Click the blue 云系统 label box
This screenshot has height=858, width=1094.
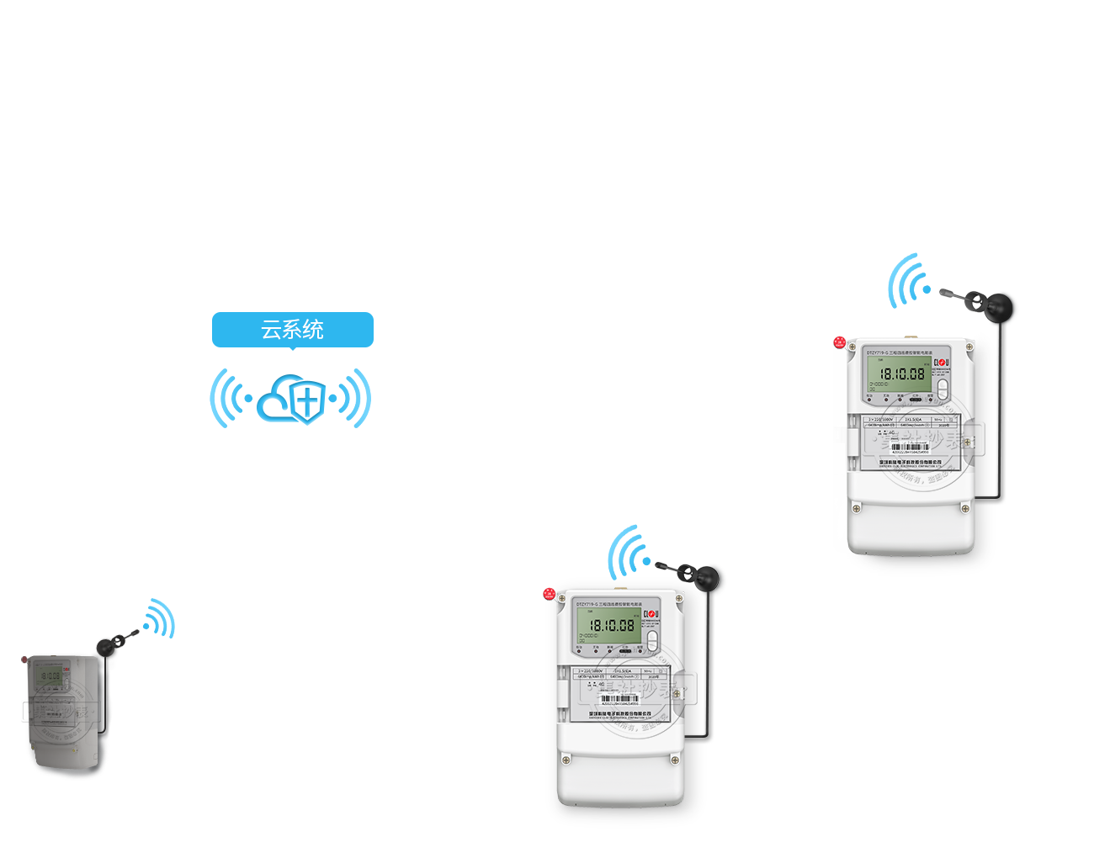[x=292, y=331]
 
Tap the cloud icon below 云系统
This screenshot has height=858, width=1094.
[x=289, y=400]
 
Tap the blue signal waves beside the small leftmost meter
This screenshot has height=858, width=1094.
[x=159, y=620]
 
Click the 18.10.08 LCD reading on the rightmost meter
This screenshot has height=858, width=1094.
[x=902, y=373]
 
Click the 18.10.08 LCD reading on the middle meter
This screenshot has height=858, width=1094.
[x=612, y=626]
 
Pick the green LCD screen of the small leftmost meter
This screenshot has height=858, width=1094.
[x=50, y=675]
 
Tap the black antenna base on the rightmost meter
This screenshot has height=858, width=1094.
[x=1001, y=306]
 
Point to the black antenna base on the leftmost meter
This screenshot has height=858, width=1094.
[x=106, y=646]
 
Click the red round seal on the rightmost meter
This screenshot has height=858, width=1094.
[x=839, y=342]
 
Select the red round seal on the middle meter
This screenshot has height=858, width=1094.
[x=550, y=594]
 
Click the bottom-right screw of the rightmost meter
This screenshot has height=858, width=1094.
[x=965, y=509]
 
